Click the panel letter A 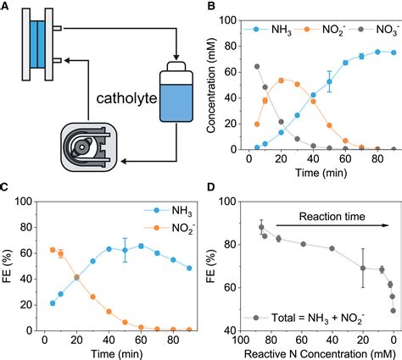(7, 8)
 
